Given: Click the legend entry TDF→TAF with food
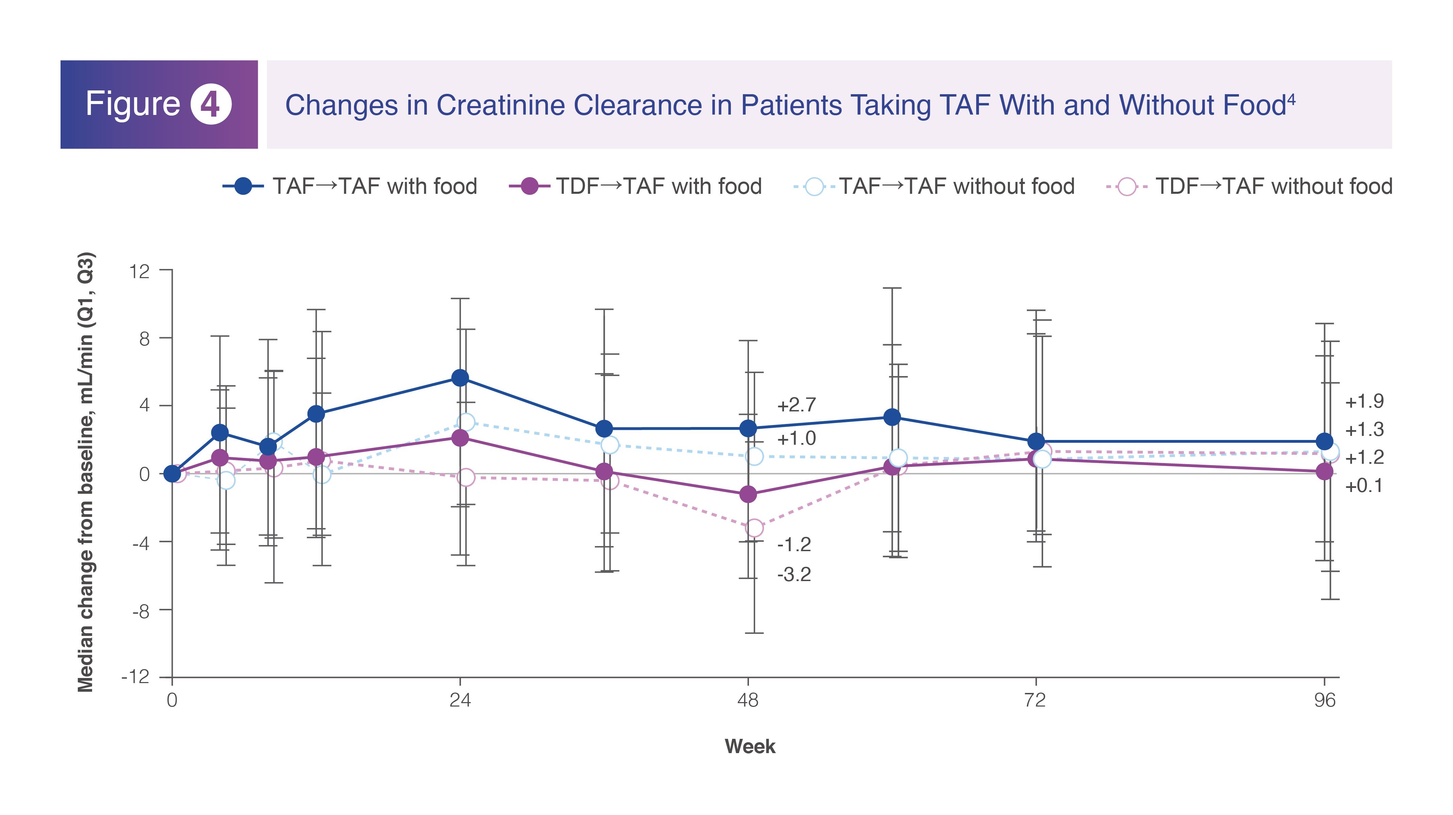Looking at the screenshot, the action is (x=635, y=186).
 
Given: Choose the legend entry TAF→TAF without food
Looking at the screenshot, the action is (x=934, y=186).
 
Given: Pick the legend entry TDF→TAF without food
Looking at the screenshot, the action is (x=1249, y=186).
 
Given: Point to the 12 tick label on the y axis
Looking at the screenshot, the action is (x=139, y=271).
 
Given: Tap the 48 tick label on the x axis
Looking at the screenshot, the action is (x=748, y=700).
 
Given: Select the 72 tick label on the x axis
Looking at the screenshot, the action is (x=1036, y=700).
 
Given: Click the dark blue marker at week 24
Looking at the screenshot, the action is (x=460, y=378).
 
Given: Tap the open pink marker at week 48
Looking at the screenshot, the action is (x=754, y=528).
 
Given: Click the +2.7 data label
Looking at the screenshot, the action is (x=797, y=405).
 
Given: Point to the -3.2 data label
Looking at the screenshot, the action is (x=794, y=575).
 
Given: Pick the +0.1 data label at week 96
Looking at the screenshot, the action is (x=1364, y=486).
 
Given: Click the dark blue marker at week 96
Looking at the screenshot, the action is (x=1324, y=441).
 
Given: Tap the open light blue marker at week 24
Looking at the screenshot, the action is (x=466, y=422).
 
